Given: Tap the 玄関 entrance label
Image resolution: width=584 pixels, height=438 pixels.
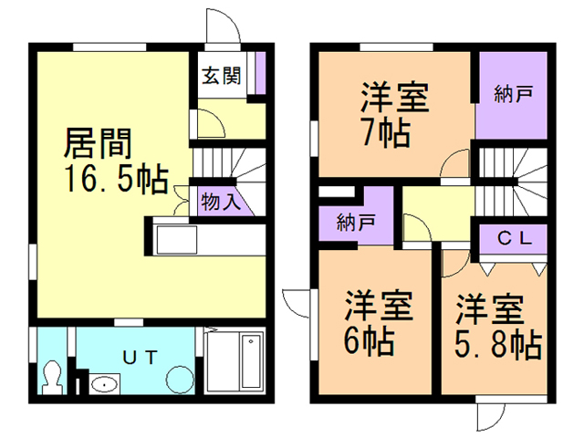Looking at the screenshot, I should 222,76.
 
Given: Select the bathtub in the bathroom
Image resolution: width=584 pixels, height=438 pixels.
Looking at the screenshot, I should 236,363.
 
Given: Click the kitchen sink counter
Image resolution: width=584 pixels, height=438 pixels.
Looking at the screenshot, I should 177,241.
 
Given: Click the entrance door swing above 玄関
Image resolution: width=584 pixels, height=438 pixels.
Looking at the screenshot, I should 225,26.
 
